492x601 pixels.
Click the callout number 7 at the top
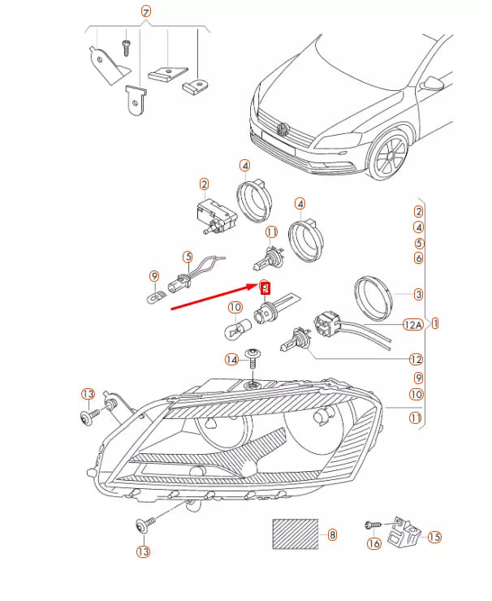pyautogui.click(x=146, y=11)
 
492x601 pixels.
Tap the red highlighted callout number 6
pyautogui.click(x=264, y=287)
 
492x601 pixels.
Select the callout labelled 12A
pyautogui.click(x=412, y=325)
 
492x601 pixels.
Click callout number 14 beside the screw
pyautogui.click(x=232, y=359)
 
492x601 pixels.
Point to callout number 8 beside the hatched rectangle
pyautogui.click(x=331, y=535)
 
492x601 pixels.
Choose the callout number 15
pyautogui.click(x=434, y=537)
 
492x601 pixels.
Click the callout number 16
pyautogui.click(x=373, y=544)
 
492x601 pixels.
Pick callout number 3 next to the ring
pyautogui.click(x=418, y=294)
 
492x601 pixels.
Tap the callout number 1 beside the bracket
pyautogui.click(x=435, y=323)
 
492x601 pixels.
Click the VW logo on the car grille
pyautogui.click(x=283, y=128)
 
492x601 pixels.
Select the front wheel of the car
pyautogui.click(x=391, y=156)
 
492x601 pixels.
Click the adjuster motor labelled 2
pyautogui.click(x=214, y=215)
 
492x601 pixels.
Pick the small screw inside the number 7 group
pyautogui.click(x=126, y=48)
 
